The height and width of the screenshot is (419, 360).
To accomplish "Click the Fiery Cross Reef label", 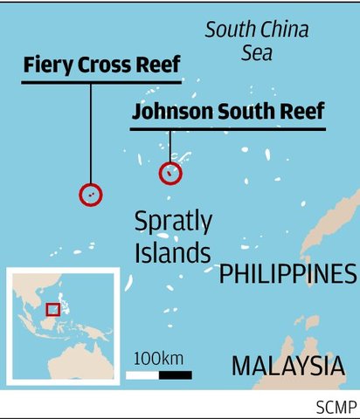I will (x=101, y=65).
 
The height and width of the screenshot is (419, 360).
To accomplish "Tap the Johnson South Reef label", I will (x=228, y=112).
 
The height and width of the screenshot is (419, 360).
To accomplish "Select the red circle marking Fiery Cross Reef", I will (x=90, y=194).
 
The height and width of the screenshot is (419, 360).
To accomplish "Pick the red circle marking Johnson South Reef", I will (x=170, y=173).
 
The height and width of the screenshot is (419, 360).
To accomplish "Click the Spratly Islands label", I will (x=173, y=237).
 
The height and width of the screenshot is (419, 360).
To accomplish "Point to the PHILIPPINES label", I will (x=287, y=275).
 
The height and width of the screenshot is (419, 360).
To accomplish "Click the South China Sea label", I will (x=257, y=41).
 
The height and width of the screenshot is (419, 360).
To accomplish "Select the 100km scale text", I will (x=158, y=358).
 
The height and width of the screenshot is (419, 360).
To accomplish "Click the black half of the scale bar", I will (x=176, y=375).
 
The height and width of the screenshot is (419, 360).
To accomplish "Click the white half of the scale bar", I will (x=143, y=375).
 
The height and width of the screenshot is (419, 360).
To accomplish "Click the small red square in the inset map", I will (x=52, y=309).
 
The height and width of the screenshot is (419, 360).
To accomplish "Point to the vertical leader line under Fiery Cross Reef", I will (x=90, y=131).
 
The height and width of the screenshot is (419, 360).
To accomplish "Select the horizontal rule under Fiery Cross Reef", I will (x=101, y=82).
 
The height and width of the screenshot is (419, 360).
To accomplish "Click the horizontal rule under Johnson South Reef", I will (x=228, y=129).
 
